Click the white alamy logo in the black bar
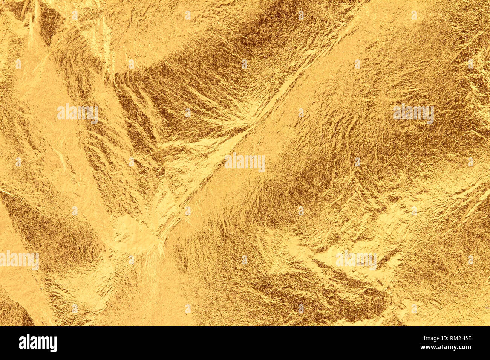[x=38, y=343]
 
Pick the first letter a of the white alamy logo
[x=22, y=343]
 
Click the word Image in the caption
[x=427, y=338]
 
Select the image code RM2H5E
[x=459, y=338]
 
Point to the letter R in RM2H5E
[x=449, y=338]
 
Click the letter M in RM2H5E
[x=454, y=338]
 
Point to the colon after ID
[x=445, y=338]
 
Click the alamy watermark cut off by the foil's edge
[x=19, y=260]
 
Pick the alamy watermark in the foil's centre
[x=245, y=162]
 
